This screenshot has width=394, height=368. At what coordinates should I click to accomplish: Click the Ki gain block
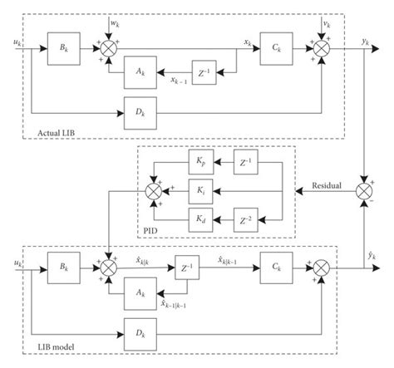(x=201, y=190)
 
